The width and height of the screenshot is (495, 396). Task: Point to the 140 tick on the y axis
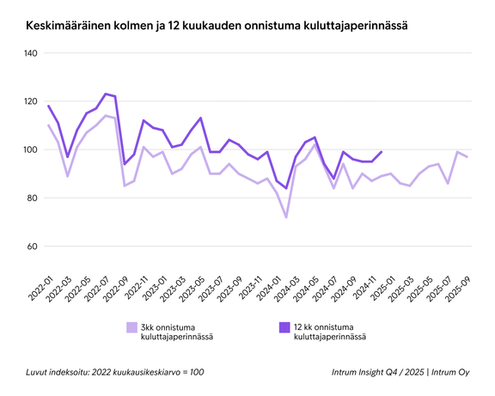tap(30, 53)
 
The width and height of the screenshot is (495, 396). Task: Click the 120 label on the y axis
tap(30, 101)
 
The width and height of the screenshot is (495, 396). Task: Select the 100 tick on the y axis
tap(30, 149)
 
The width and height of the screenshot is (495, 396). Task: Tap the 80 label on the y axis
tap(32, 198)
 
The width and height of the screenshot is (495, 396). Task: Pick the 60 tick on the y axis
tap(32, 247)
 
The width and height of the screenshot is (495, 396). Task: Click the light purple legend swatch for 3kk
tap(131, 327)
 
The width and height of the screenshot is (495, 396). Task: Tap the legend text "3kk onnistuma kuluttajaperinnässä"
tap(177, 332)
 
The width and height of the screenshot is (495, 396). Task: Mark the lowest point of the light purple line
tap(286, 216)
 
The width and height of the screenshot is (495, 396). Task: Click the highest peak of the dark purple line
tap(106, 94)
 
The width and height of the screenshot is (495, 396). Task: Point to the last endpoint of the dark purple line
tap(381, 152)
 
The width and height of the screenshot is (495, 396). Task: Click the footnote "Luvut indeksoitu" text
tap(115, 372)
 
